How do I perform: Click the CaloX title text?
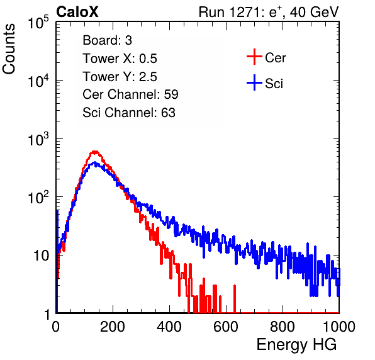click(x=77, y=12)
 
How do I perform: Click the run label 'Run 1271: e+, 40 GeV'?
click(x=269, y=12)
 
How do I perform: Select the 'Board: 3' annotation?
click(x=107, y=40)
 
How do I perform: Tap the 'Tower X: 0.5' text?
click(x=120, y=59)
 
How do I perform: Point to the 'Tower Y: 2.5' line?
click(x=120, y=77)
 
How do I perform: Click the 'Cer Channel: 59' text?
click(x=130, y=94)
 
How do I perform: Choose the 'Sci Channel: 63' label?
click(x=129, y=113)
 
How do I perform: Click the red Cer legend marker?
click(x=254, y=57)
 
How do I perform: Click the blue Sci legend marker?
click(x=254, y=82)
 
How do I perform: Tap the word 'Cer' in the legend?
click(x=275, y=58)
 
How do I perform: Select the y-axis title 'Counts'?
click(x=9, y=49)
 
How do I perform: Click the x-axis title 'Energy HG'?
click(x=297, y=345)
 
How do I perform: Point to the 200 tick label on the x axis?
click(x=113, y=327)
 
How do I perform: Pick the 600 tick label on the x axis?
click(x=226, y=327)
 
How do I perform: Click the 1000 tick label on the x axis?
click(x=339, y=327)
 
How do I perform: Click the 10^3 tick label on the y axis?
click(x=38, y=138)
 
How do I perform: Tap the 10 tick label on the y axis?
click(x=41, y=256)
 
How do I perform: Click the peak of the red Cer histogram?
click(x=95, y=152)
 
